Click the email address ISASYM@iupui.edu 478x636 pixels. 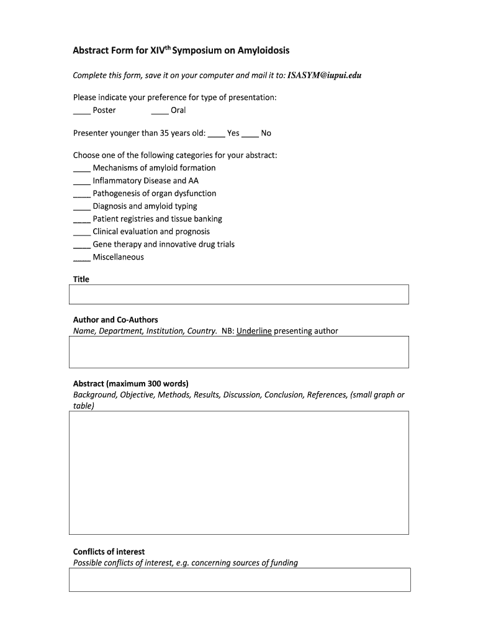(325, 75)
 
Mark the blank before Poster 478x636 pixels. (81, 111)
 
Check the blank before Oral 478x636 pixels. (160, 111)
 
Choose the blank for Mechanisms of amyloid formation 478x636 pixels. (81, 169)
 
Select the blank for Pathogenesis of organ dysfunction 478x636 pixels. (81, 194)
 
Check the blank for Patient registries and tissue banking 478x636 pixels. (81, 220)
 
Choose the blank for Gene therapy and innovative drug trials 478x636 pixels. (81, 245)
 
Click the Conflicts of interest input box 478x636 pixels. (239, 579)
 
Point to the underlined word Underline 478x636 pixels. (254, 331)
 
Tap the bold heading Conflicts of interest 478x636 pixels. (109, 552)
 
